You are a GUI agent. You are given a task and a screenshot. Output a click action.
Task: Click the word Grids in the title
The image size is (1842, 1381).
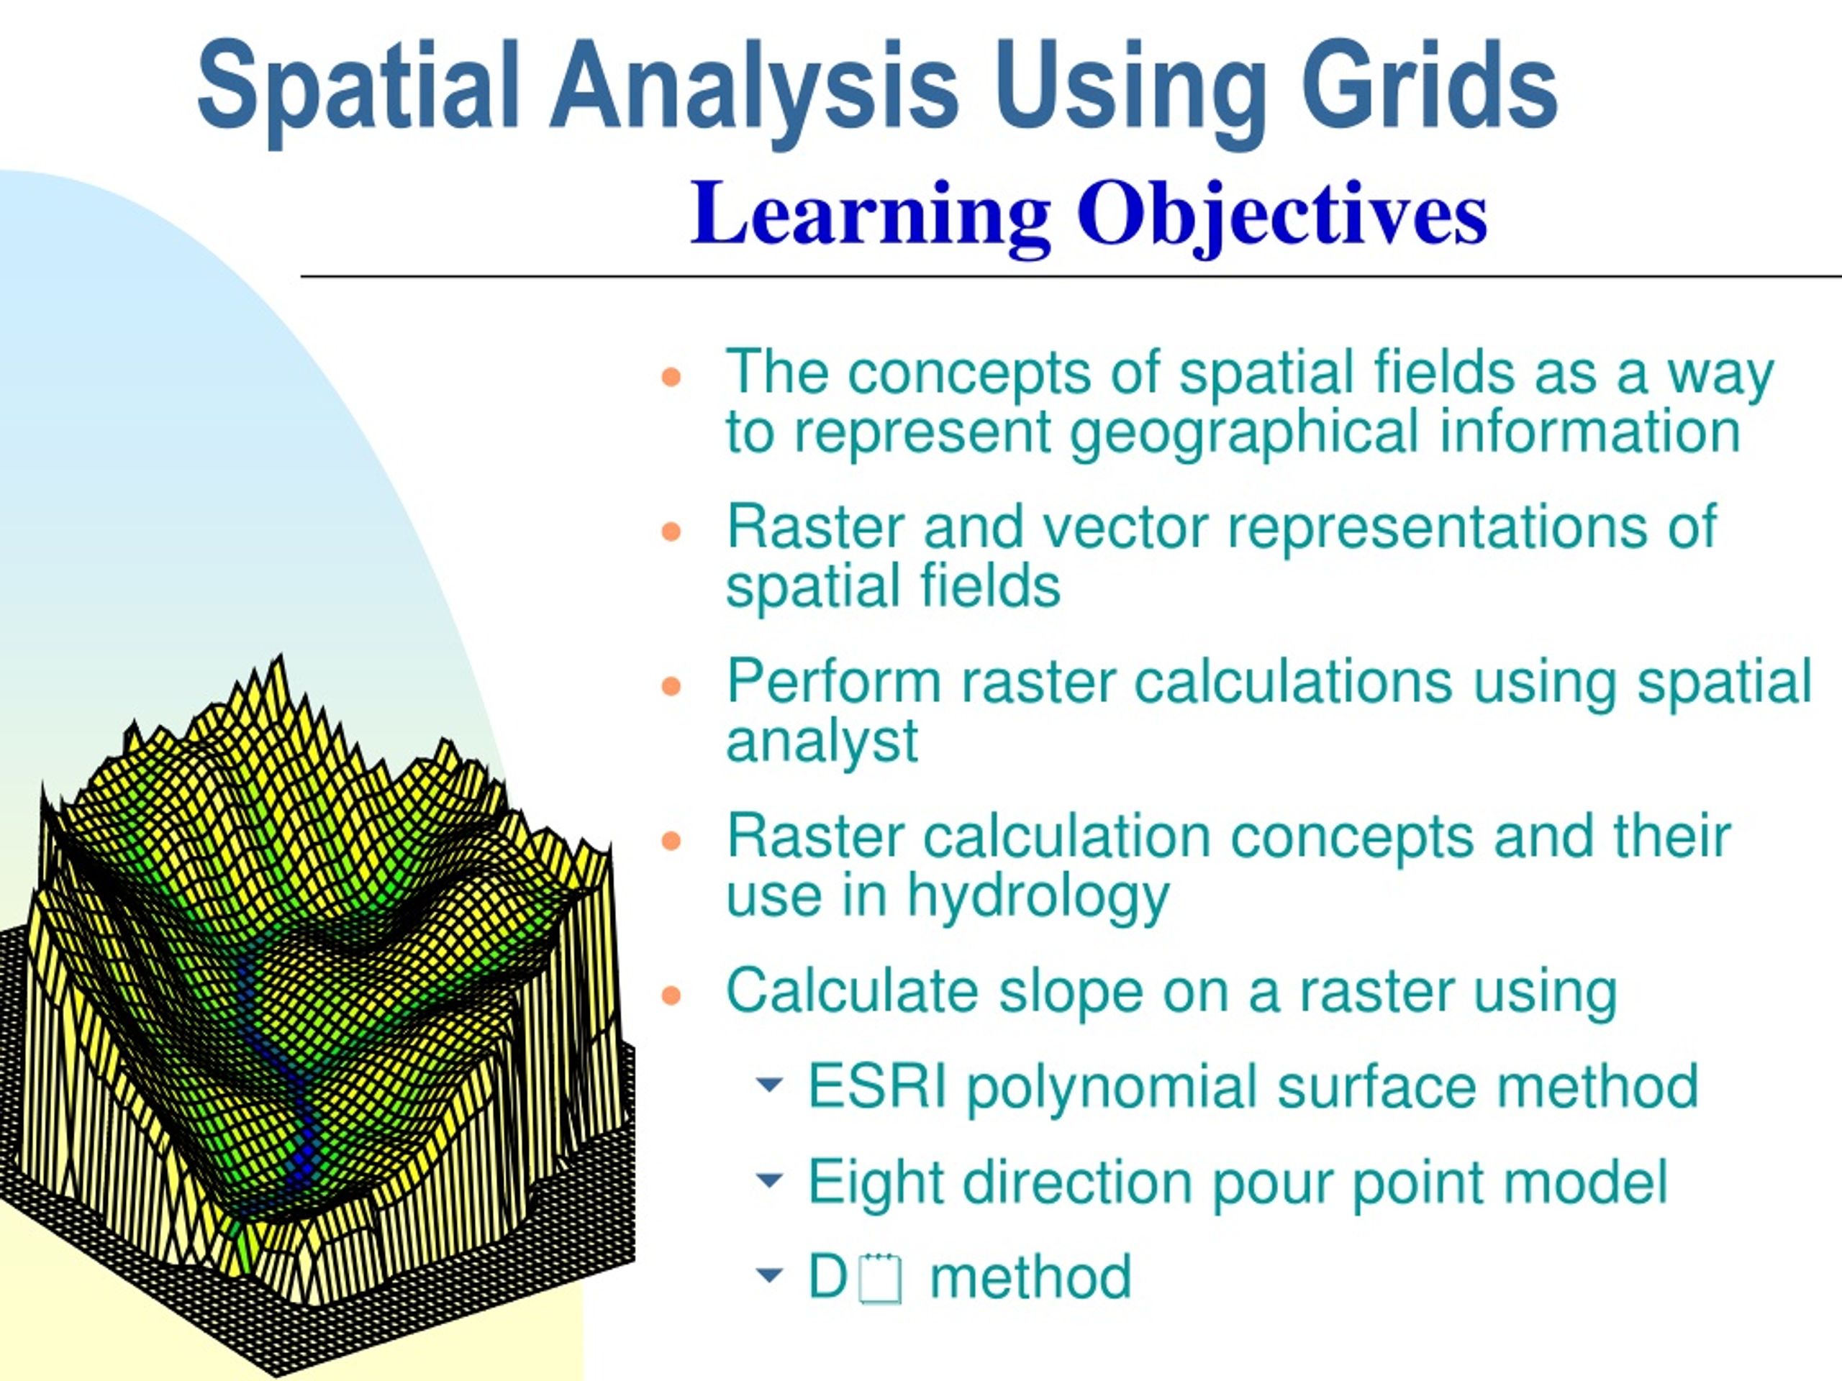pyautogui.click(x=1428, y=86)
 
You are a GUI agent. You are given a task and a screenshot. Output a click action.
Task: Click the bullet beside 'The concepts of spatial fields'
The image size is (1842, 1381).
pyautogui.click(x=671, y=377)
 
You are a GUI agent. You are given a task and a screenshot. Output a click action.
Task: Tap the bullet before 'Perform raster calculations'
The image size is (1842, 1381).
pyautogui.click(x=671, y=686)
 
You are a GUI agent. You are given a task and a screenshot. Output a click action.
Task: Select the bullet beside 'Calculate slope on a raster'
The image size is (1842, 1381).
pyautogui.click(x=671, y=995)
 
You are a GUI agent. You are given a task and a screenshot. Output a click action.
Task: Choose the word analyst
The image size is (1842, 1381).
pyautogui.click(x=822, y=742)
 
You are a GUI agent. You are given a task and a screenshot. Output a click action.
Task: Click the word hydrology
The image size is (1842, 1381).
pyautogui.click(x=1038, y=898)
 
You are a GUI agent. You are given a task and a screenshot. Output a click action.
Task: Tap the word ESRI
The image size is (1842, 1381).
pyautogui.click(x=878, y=1086)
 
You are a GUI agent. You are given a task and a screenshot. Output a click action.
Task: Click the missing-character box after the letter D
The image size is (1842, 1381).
pyautogui.click(x=881, y=1279)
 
